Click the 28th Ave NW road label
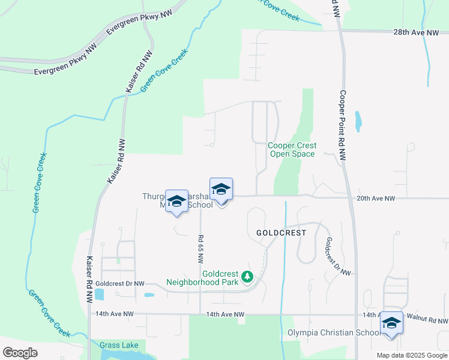[417, 34]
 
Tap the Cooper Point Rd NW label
[343, 125]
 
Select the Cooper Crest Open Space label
[292, 149]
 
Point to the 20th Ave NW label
[376, 198]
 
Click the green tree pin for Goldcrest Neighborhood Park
[247, 277]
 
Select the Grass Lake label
[119, 345]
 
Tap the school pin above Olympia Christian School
[391, 323]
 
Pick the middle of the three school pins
[221, 190]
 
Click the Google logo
[20, 352]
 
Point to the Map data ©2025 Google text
[411, 355]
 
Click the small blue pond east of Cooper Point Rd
[358, 121]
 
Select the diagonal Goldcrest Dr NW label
[338, 256]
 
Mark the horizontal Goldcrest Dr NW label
[119, 283]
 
